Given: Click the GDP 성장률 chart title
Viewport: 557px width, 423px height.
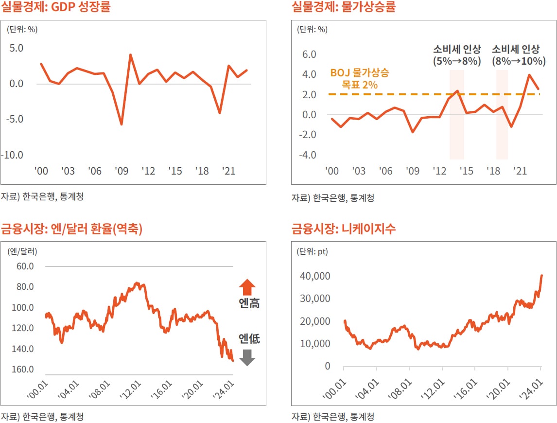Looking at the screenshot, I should pyautogui.click(x=55, y=8).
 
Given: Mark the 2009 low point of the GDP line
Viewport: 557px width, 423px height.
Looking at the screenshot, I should pyautogui.click(x=121, y=124).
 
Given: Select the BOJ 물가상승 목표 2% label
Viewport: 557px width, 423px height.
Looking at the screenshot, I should pyautogui.click(x=359, y=79).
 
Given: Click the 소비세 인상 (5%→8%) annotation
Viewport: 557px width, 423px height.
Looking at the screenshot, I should pyautogui.click(x=457, y=55).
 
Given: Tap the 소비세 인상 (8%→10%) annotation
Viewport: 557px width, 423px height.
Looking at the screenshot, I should pyautogui.click(x=516, y=55).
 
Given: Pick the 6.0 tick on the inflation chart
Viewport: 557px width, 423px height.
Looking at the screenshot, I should pyautogui.click(x=309, y=54).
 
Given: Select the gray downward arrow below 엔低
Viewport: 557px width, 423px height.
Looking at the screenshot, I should pyautogui.click(x=247, y=357).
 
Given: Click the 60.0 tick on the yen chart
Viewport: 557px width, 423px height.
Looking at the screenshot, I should pyautogui.click(x=25, y=266).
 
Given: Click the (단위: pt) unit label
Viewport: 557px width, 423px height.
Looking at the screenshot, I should pyautogui.click(x=313, y=251).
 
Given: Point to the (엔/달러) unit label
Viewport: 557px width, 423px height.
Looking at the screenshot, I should pyautogui.click(x=22, y=251).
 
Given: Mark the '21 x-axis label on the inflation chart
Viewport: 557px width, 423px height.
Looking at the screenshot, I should pyautogui.click(x=521, y=171).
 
